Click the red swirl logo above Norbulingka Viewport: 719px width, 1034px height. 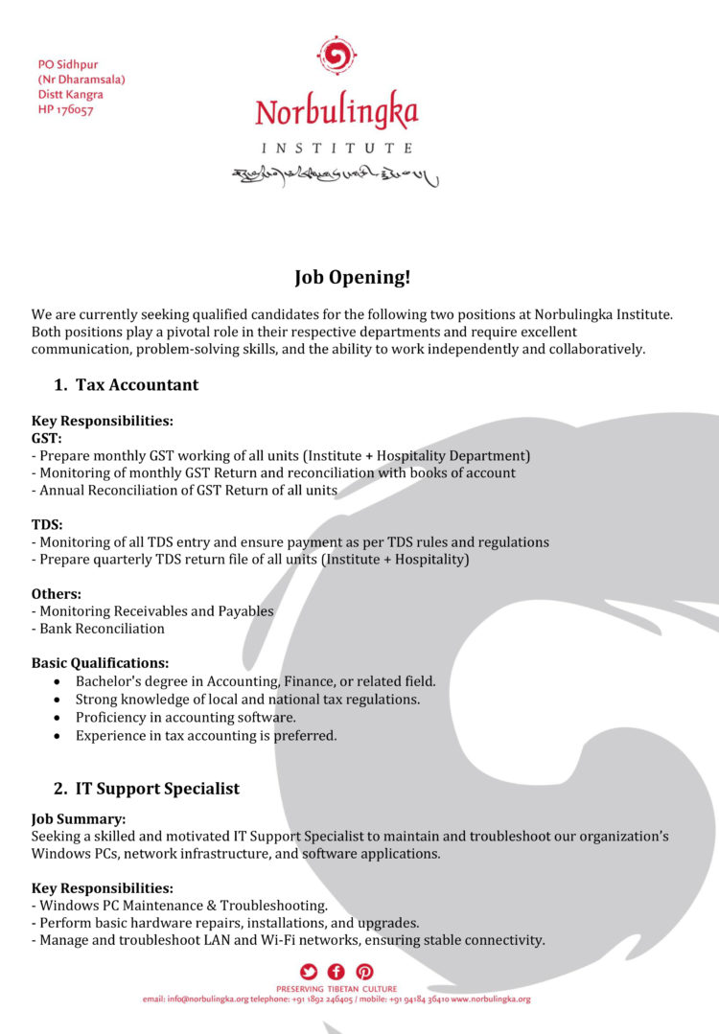pos(336,58)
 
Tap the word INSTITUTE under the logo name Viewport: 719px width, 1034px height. pos(337,149)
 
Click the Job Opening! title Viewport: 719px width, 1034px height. pos(352,278)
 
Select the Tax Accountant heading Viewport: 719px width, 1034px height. pos(136,385)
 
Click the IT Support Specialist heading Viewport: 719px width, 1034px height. pos(157,789)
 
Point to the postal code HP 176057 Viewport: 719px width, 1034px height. pos(66,110)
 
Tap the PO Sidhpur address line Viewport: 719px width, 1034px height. pos(66,64)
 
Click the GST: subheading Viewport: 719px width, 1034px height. pos(47,438)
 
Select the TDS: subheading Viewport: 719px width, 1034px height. pos(47,524)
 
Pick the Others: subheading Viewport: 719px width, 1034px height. pos(57,593)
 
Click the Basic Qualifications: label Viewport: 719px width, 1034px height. pos(101,663)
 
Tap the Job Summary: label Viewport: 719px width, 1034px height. pos(79,819)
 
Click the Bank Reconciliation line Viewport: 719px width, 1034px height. pos(98,629)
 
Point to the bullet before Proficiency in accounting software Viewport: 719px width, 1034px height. pos(58,718)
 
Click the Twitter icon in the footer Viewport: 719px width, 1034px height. pos(308,972)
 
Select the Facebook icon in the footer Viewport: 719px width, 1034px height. pos(336,972)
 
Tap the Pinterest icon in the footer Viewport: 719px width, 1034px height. pos(364,972)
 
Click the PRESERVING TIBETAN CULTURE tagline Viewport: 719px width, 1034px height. pos(336,988)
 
